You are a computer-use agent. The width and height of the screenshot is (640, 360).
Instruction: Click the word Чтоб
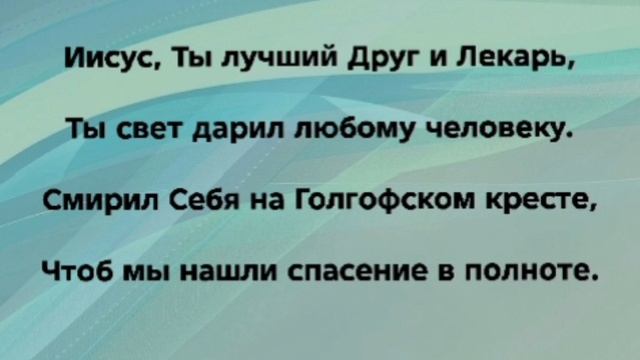click(76, 270)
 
